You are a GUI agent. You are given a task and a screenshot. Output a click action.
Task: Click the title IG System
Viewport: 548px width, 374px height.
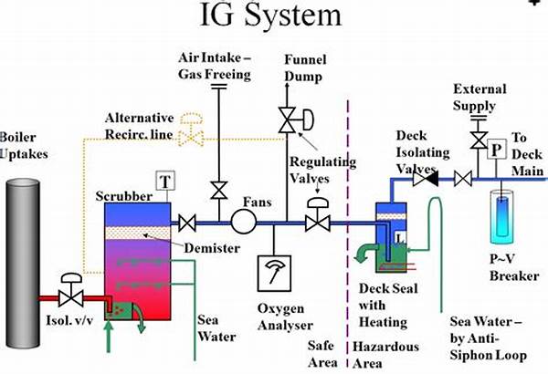(x=272, y=16)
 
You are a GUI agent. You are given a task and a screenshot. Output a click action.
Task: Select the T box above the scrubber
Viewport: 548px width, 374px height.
(x=164, y=181)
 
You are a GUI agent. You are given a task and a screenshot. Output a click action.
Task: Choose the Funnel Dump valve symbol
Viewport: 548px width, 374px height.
(x=285, y=117)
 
